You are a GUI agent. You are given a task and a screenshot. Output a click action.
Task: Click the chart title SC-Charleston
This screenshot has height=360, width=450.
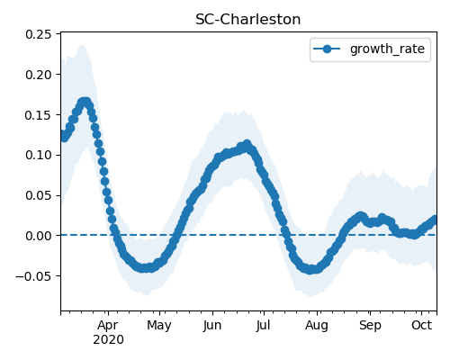pyautogui.click(x=247, y=20)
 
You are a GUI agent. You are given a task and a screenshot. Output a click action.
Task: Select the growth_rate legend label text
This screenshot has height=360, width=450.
pyautogui.click(x=387, y=49)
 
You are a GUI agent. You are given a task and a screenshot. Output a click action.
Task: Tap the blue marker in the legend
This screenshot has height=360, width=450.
pyautogui.click(x=327, y=49)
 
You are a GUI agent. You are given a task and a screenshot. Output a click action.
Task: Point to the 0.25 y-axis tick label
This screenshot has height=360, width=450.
pyautogui.click(x=39, y=34)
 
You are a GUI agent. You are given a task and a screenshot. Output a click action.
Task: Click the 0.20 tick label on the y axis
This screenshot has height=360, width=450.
pyautogui.click(x=39, y=75)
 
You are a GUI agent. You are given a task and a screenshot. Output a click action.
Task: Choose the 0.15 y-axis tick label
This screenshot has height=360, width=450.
pyautogui.click(x=39, y=115)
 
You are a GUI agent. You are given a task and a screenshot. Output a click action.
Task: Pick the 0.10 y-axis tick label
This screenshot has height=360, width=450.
pyautogui.click(x=39, y=156)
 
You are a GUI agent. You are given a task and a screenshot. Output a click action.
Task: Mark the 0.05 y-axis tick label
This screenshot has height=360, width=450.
pyautogui.click(x=39, y=195)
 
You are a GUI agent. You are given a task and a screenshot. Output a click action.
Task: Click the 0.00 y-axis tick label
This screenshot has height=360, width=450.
pyautogui.click(x=39, y=236)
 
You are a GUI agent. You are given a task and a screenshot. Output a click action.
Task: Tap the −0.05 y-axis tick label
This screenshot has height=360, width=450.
pyautogui.click(x=33, y=276)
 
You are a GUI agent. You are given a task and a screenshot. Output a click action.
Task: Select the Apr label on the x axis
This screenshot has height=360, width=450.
pyautogui.click(x=108, y=326)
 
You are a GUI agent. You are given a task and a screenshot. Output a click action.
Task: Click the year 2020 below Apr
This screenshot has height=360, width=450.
pyautogui.click(x=108, y=340)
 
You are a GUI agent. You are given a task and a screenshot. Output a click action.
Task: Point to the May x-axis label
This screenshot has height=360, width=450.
pyautogui.click(x=159, y=326)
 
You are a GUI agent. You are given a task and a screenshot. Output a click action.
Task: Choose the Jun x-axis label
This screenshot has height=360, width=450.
pyautogui.click(x=212, y=326)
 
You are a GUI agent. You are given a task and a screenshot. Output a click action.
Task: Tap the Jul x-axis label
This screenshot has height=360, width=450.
pyautogui.click(x=263, y=326)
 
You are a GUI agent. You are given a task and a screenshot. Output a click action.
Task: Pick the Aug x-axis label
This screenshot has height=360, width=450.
pyautogui.click(x=317, y=326)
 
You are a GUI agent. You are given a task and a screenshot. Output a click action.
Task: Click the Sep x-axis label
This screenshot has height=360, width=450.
pyautogui.click(x=370, y=326)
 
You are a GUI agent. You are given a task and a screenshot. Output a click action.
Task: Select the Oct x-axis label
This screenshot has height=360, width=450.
pyautogui.click(x=422, y=325)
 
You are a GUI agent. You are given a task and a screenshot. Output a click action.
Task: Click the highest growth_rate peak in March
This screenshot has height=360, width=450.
pyautogui.click(x=85, y=102)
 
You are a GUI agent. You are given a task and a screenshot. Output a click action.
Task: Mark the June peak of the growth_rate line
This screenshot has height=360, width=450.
pyautogui.click(x=247, y=144)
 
